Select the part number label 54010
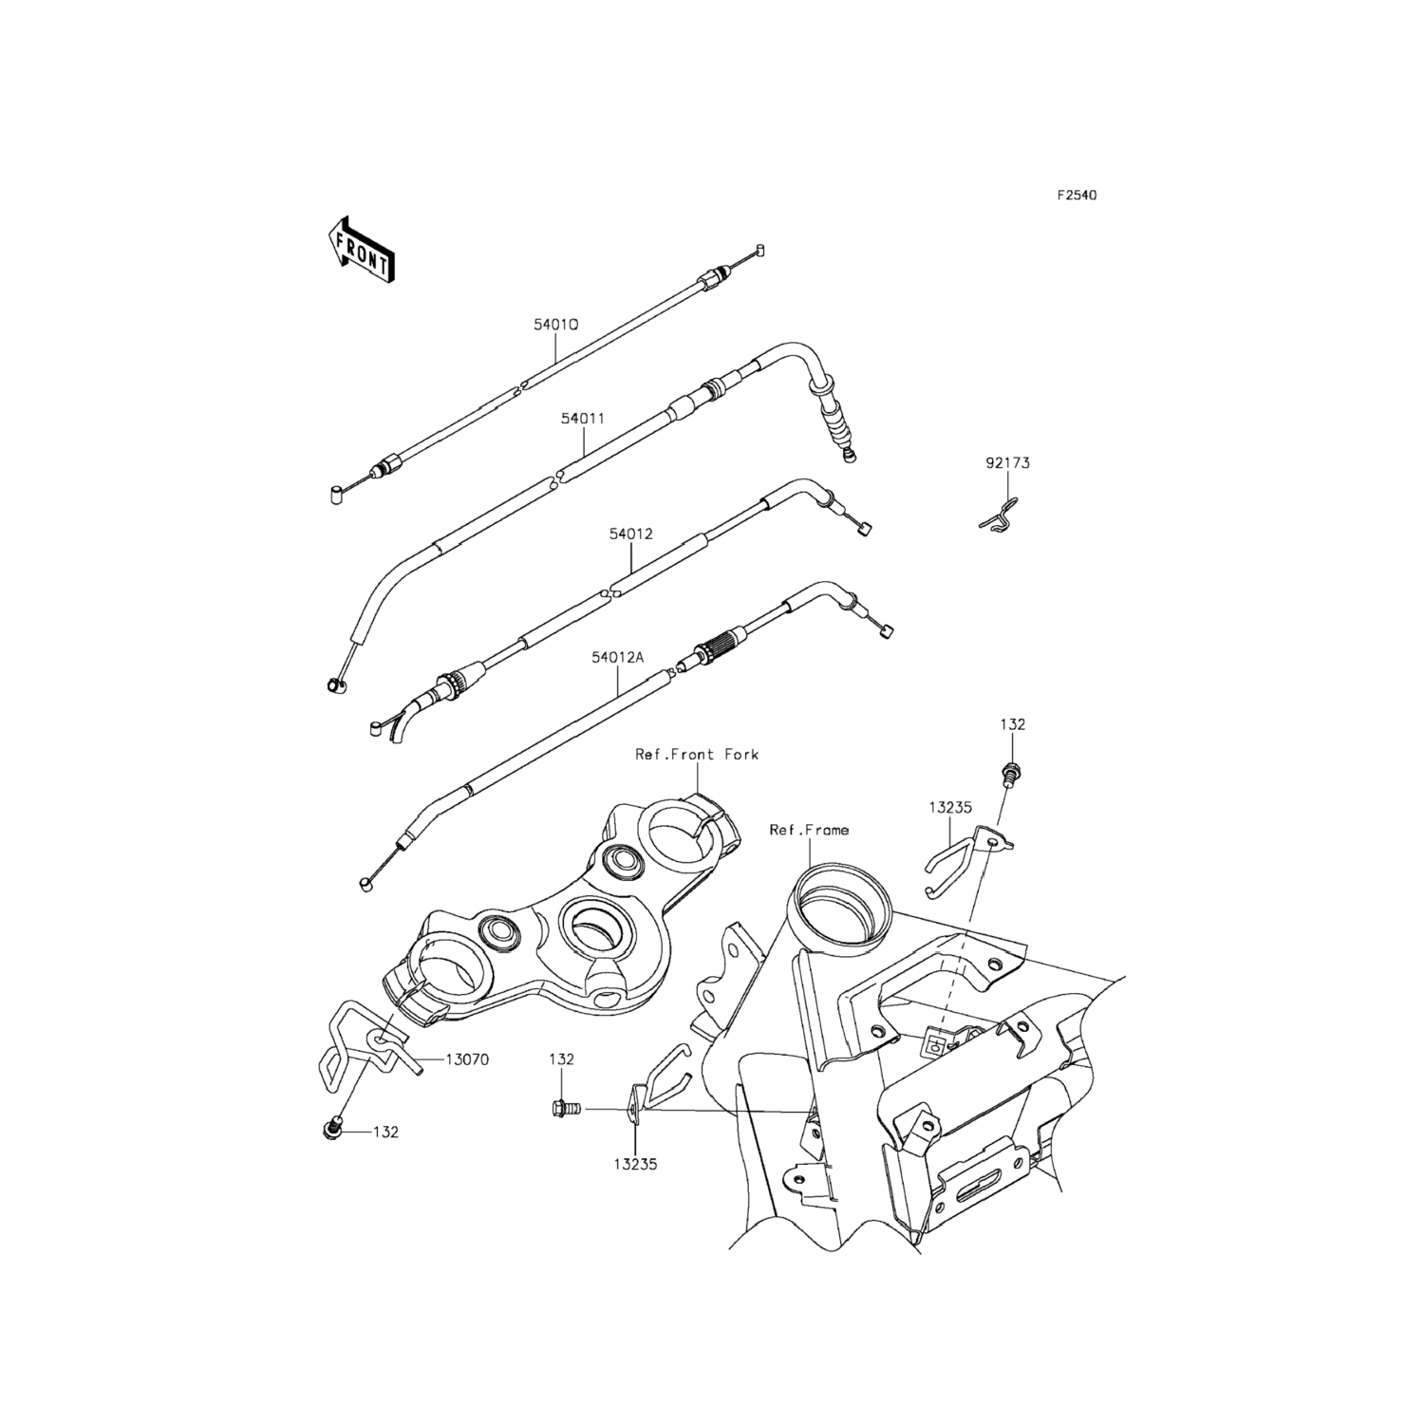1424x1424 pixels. point(556,324)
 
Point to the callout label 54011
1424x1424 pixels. point(582,417)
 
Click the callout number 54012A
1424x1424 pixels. point(617,656)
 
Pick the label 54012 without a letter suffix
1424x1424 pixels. point(630,534)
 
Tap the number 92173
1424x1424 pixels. point(1007,463)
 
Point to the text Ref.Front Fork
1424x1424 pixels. point(697,755)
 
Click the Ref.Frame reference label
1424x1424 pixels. point(809,830)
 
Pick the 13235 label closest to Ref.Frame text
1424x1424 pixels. point(950,808)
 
